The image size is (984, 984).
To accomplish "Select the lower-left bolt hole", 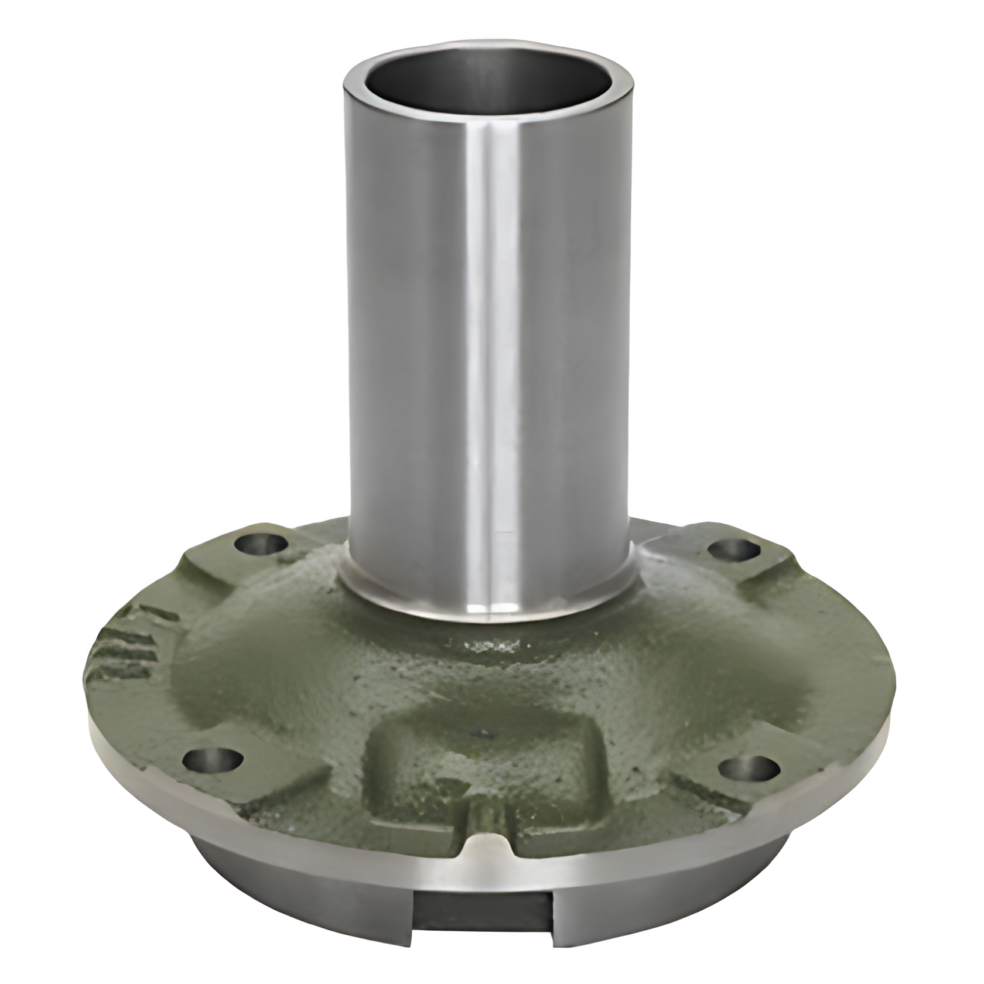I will coord(212,760).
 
